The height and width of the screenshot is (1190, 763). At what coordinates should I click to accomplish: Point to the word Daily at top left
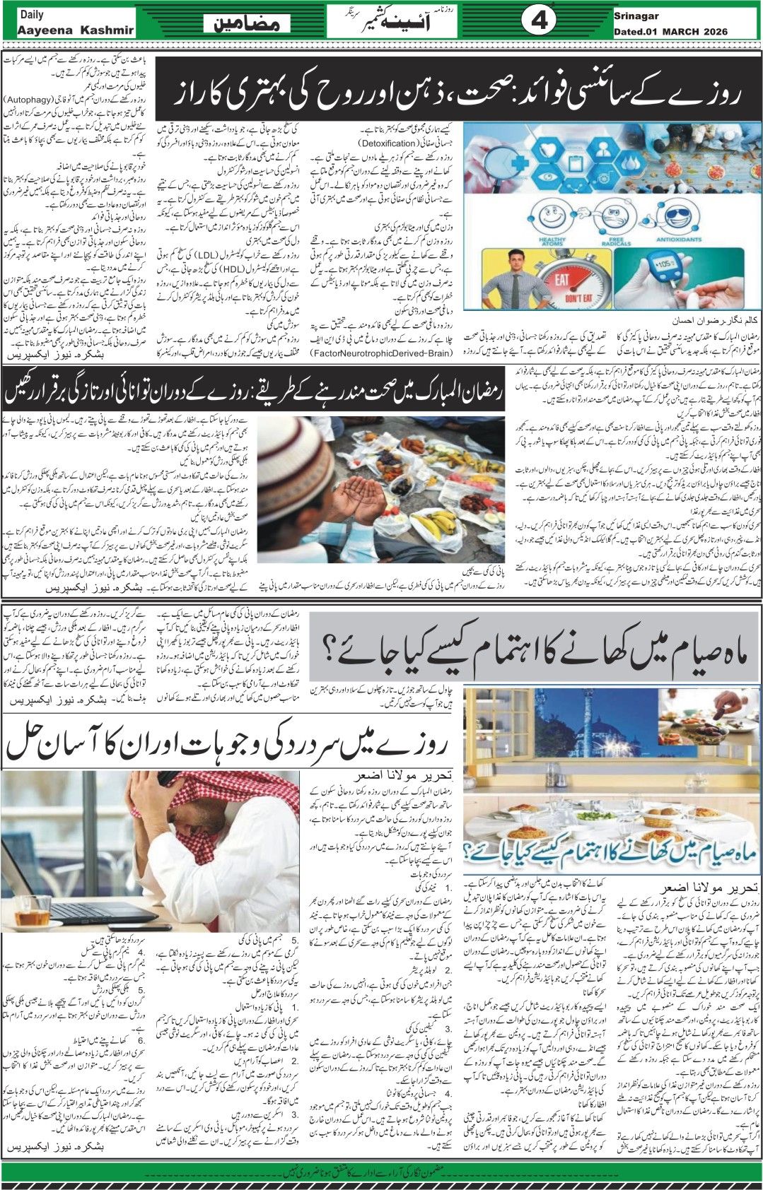pyautogui.click(x=31, y=14)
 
